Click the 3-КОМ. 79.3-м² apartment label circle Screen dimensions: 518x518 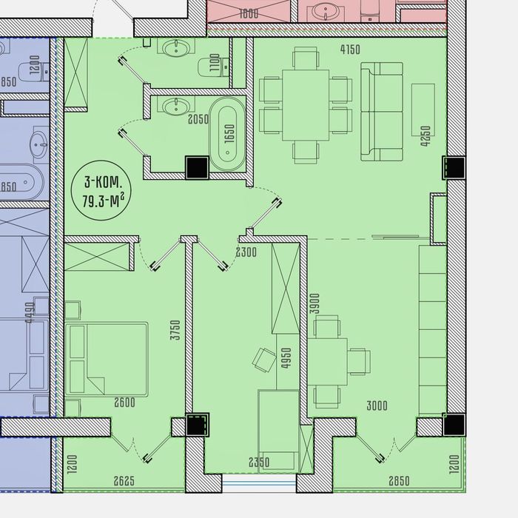coord(101,190)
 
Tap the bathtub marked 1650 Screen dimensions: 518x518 coord(228,134)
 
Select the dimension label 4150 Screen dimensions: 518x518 coord(350,50)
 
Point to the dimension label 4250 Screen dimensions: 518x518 coord(425,135)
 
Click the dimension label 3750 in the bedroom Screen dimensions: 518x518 coord(175,330)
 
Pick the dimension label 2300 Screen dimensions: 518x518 coord(246,252)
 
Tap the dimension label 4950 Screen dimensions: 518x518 coord(286,357)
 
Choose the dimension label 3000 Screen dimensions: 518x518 coord(377,406)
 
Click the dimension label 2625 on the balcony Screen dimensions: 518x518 coord(124,481)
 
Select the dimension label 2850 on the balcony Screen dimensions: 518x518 coord(399,481)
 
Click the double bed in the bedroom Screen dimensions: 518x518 coord(107,359)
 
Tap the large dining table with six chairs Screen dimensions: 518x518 coord(306,105)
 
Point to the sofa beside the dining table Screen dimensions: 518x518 coord(382,112)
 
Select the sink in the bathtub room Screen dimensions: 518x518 coord(176,106)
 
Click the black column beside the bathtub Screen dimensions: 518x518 coord(198,167)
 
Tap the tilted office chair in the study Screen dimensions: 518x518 coord(264,360)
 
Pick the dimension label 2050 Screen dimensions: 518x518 coord(198,119)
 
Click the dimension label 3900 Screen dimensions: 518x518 coord(315,303)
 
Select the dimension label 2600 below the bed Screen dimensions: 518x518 coord(124,403)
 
